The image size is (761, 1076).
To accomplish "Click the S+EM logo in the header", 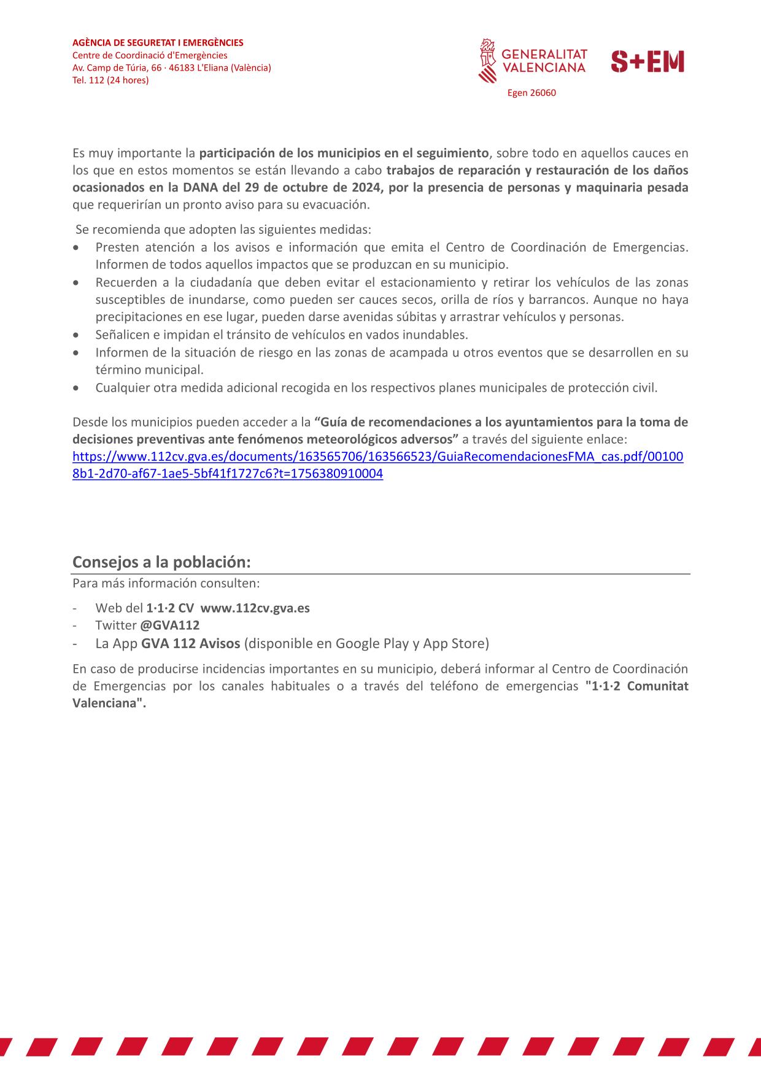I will coord(647,62).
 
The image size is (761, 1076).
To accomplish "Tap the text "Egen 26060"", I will coord(531,93).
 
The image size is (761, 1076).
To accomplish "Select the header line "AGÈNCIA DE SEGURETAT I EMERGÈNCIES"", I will coord(158,43).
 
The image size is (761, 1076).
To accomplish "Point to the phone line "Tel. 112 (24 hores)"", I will coord(110,80).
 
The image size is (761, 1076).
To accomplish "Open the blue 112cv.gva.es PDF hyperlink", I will coord(377,457).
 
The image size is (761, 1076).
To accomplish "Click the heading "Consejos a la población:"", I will coord(161,562).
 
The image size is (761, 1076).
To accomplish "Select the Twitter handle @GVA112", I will coord(169,625).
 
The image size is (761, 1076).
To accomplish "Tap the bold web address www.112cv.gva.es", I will coord(255,608).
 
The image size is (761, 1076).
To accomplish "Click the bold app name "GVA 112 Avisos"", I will coord(190,643).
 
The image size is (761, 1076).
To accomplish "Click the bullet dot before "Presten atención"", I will coord(75,247).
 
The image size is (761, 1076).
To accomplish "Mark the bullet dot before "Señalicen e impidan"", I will coord(75,335).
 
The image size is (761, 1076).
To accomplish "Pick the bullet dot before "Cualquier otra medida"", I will coord(75,388).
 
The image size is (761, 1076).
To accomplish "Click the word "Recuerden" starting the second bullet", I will coord(122,282).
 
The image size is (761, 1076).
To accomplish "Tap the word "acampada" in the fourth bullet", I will coord(423,352).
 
